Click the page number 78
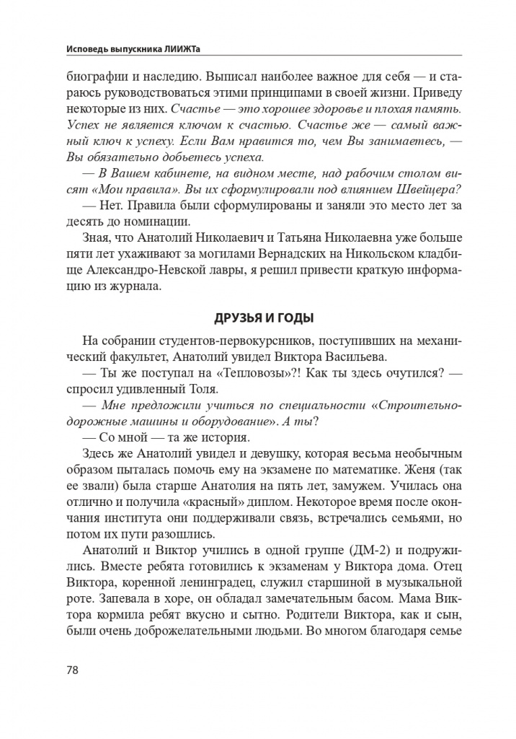pos(72,670)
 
